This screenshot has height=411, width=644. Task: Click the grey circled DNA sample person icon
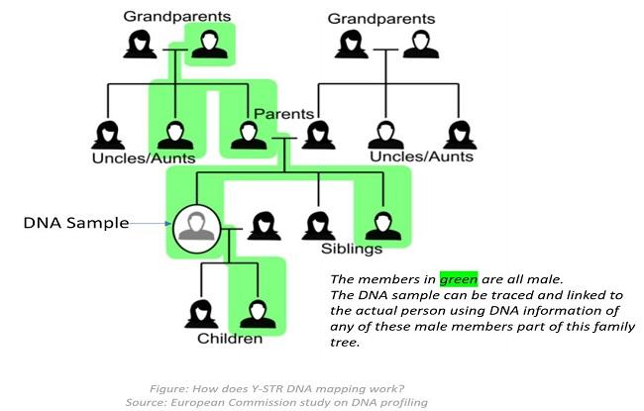coord(195,227)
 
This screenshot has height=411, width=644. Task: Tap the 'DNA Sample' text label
coord(75,223)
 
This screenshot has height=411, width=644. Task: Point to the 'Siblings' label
coord(351,248)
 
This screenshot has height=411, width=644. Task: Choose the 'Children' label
coord(229,338)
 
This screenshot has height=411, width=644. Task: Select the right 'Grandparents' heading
coord(380,19)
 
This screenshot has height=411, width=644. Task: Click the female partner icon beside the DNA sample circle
coord(261,227)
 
